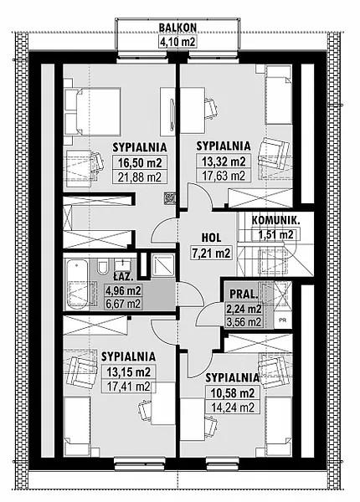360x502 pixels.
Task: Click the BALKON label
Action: pos(177,28)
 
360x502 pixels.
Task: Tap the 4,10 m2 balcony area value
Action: pos(177,42)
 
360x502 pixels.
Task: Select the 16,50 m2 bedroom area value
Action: pos(140,162)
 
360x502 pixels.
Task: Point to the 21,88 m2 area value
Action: pos(140,177)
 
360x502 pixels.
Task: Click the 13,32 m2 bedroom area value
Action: pos(224,161)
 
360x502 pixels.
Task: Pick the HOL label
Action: pos(211,238)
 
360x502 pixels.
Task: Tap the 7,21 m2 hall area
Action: pos(211,254)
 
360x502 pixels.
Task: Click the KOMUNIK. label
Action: pos(275,221)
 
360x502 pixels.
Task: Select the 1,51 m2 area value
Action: pos(275,234)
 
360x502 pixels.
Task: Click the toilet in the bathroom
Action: pos(103,267)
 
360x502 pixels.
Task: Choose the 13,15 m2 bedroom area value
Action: pos(128,372)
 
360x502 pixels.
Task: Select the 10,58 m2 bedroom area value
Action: pos(233,393)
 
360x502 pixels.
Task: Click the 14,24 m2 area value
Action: pos(233,407)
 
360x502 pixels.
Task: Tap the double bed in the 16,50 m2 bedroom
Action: pos(93,111)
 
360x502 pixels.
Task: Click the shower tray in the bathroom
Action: pos(163,264)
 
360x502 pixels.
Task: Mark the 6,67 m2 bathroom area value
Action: pos(123,304)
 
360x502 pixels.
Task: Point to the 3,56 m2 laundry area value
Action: pos(244,321)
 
